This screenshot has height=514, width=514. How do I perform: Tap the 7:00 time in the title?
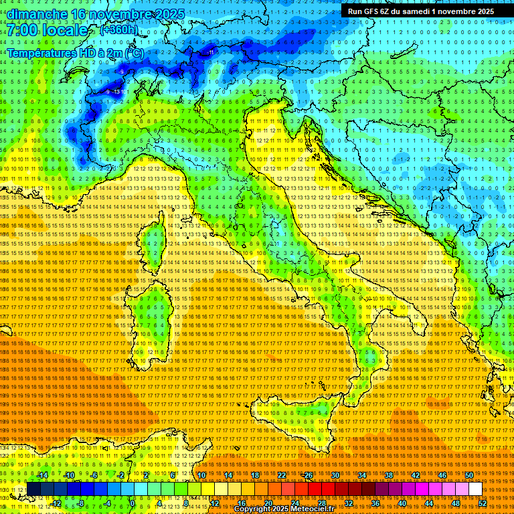pos(23,30)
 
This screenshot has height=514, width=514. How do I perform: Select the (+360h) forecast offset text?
pos(118,29)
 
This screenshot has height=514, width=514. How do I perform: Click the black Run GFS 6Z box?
pos(420,11)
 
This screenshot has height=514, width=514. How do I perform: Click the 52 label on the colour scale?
pos(482,503)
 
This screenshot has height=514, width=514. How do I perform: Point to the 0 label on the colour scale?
pos(133,503)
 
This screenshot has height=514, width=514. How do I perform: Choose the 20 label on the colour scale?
pos(268,503)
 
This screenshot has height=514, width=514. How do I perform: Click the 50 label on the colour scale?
pos(469,475)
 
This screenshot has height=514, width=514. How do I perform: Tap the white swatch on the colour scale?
pos(475,489)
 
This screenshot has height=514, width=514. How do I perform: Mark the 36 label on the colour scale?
pos(375,503)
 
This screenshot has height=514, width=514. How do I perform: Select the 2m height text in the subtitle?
pos(114,52)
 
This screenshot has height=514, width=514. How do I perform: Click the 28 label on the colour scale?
pos(321,503)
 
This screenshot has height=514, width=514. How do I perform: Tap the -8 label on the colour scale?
pos(80,503)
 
